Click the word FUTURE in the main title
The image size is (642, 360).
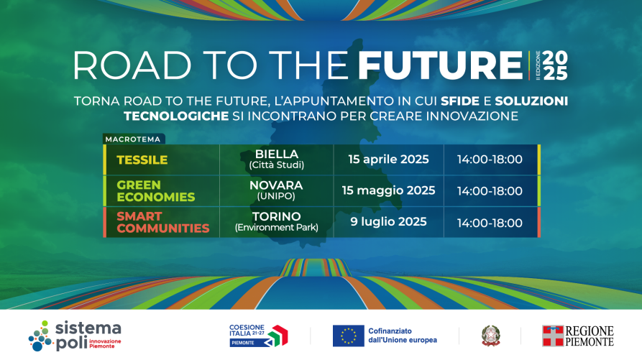[x=441, y=65]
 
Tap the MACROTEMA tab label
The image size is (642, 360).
[x=133, y=139]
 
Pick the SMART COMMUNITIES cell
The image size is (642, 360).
[x=162, y=222]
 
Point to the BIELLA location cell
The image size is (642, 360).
[x=277, y=159]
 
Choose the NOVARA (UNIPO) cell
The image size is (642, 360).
[x=276, y=190]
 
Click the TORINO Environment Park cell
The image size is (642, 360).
[x=276, y=222]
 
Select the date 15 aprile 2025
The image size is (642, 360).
[x=388, y=159]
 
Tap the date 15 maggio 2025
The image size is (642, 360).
[x=388, y=190]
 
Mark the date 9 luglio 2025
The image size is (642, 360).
[x=388, y=222]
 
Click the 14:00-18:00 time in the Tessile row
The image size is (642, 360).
[x=490, y=160]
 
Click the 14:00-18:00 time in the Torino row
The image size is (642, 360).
[x=490, y=223]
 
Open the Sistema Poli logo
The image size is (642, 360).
[x=75, y=336]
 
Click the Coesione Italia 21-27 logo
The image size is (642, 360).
[x=258, y=336]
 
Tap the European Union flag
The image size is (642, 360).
[x=349, y=336]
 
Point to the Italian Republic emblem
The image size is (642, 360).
[x=490, y=336]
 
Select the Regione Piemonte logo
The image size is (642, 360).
[x=578, y=336]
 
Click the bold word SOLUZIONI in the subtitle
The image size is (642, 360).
[x=531, y=101]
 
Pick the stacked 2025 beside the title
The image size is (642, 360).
[x=555, y=65]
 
